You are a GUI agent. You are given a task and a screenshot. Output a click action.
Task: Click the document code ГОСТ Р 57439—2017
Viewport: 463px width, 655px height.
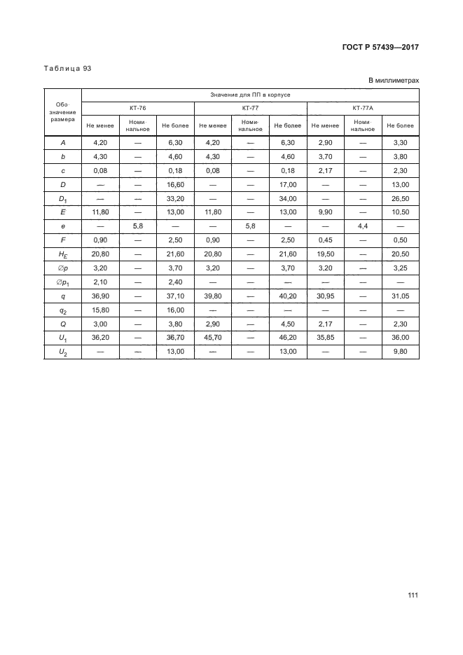point(381,47)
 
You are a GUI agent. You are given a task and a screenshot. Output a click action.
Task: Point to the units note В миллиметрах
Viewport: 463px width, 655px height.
point(394,81)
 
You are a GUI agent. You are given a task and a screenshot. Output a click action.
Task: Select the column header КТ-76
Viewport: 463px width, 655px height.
point(137,108)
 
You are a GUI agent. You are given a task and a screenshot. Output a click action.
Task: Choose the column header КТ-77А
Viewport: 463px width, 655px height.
point(363,108)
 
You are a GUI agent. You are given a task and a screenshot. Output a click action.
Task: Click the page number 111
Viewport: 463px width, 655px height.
point(412,595)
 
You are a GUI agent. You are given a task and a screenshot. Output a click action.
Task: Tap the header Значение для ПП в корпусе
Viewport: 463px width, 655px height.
point(250,94)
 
